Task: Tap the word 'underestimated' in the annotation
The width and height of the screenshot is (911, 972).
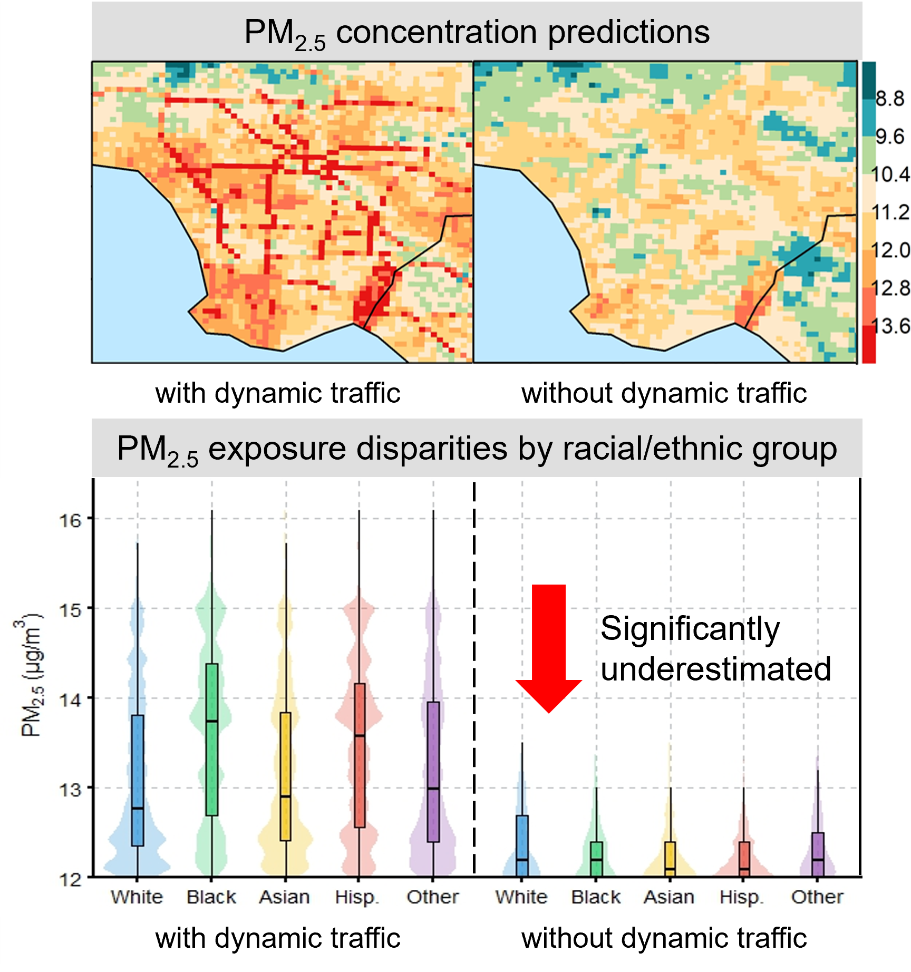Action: tap(715, 669)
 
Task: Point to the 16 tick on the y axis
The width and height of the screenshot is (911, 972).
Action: tap(70, 520)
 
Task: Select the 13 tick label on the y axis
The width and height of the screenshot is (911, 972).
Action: tap(70, 789)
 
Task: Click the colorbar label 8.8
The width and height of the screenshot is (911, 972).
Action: tap(890, 99)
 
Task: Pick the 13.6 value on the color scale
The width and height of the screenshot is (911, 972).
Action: tap(891, 326)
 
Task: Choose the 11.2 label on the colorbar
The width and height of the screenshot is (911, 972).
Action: tap(891, 212)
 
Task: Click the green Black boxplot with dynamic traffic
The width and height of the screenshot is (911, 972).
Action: tap(212, 739)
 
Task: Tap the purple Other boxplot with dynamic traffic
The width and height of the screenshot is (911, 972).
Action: tap(433, 772)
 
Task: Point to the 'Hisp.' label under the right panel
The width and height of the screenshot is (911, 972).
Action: tap(742, 897)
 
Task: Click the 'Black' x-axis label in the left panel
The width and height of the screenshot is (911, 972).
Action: tap(211, 897)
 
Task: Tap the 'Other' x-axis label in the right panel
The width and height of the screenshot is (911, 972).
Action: tap(817, 897)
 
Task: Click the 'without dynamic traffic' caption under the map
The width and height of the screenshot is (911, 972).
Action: tap(664, 393)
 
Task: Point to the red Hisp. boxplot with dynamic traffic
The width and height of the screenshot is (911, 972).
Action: tap(360, 755)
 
